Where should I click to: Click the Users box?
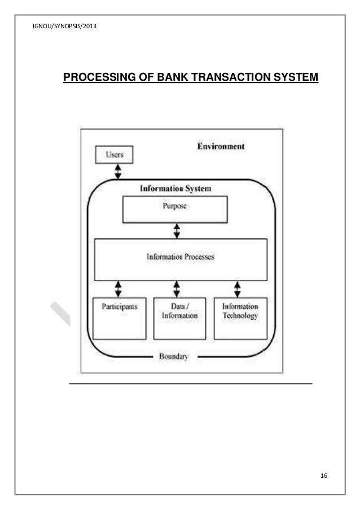coord(113,154)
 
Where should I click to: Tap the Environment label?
coord(220,147)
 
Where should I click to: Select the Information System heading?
coord(175,189)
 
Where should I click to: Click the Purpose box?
coord(175,210)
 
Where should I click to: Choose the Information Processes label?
coord(181,256)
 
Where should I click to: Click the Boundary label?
coord(173,357)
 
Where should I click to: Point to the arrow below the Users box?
coord(118,172)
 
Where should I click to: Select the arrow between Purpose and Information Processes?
coord(177,230)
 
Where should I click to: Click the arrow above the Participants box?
coord(118,289)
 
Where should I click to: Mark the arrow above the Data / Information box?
coord(177,289)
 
